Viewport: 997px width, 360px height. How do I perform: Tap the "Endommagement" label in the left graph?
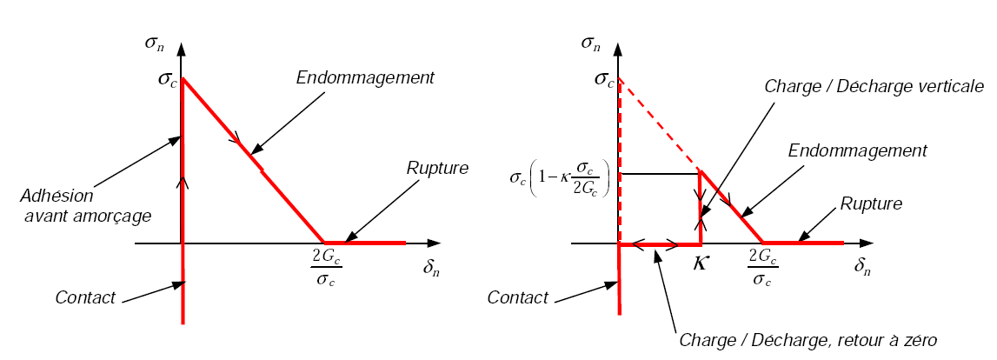pyautogui.click(x=364, y=77)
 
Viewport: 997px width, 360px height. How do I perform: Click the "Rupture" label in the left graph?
pyautogui.click(x=438, y=168)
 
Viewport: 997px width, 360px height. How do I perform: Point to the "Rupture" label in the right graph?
pyautogui.click(x=872, y=204)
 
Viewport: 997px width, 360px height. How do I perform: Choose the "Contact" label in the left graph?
pyautogui.click(x=85, y=297)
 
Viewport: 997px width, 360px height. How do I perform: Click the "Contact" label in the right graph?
pyautogui.click(x=518, y=297)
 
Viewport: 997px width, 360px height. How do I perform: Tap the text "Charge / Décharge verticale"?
pyautogui.click(x=874, y=86)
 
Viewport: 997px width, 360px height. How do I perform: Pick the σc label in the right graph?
pyautogui.click(x=603, y=79)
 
